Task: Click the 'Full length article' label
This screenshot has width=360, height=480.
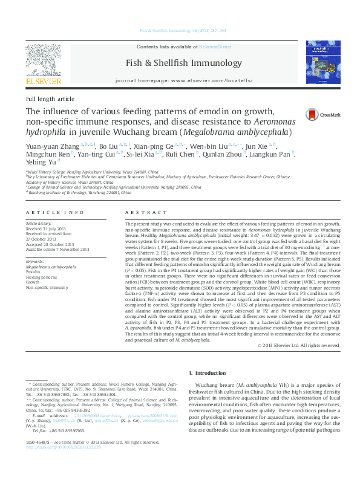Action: pyautogui.click(x=50, y=99)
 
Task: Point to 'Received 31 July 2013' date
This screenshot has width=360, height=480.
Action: pyautogui.click(x=46, y=228)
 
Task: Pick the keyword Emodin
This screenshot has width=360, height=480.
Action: pyautogui.click(x=33, y=271)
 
